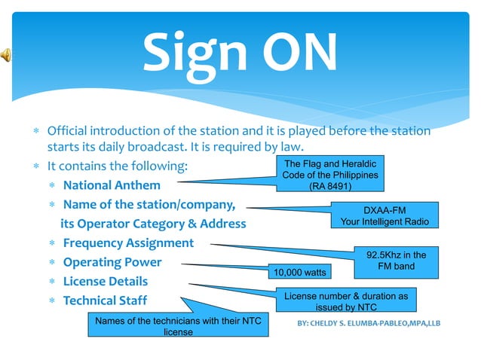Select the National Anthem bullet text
click(112, 185)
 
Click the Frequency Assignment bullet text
click(128, 243)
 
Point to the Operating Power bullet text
click(112, 262)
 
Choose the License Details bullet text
click(106, 282)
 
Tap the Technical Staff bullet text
click(106, 301)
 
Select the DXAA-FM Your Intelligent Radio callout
click(384, 215)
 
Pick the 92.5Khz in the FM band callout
click(396, 261)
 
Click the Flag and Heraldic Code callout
click(329, 175)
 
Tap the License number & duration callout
click(346, 301)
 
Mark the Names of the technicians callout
click(178, 326)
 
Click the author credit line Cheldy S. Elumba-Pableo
click(369, 324)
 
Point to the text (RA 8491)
click(330, 187)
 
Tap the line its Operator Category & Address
click(153, 224)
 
